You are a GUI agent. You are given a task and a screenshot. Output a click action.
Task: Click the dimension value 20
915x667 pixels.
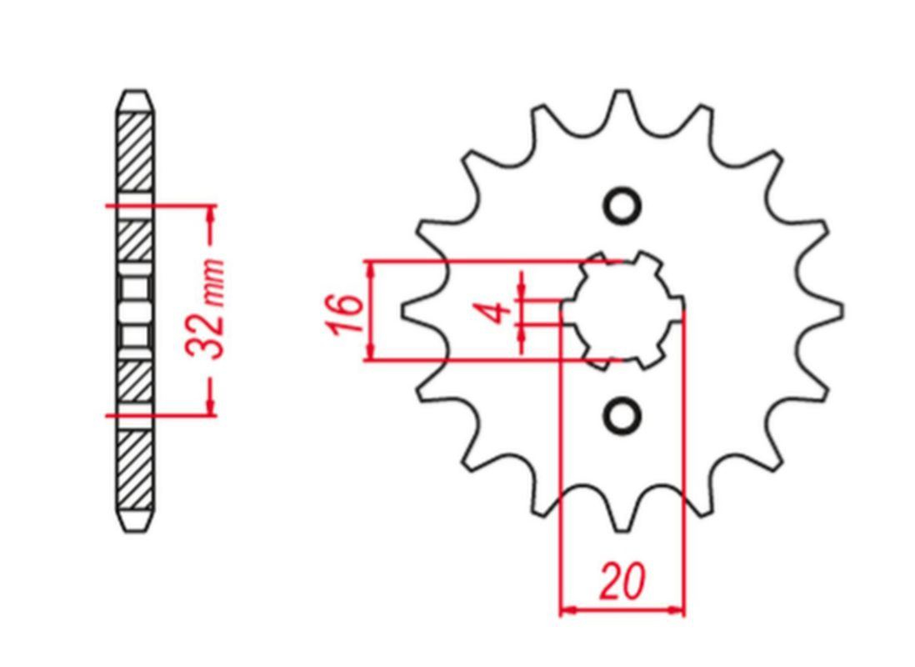point(622,582)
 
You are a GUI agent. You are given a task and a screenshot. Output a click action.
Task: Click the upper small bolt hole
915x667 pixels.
point(622,206)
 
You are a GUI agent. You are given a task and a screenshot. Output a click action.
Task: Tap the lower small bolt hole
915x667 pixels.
point(622,415)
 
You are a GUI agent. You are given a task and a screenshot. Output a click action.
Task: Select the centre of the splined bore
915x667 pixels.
point(622,310)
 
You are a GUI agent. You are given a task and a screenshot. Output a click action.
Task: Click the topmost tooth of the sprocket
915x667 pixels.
point(622,108)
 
